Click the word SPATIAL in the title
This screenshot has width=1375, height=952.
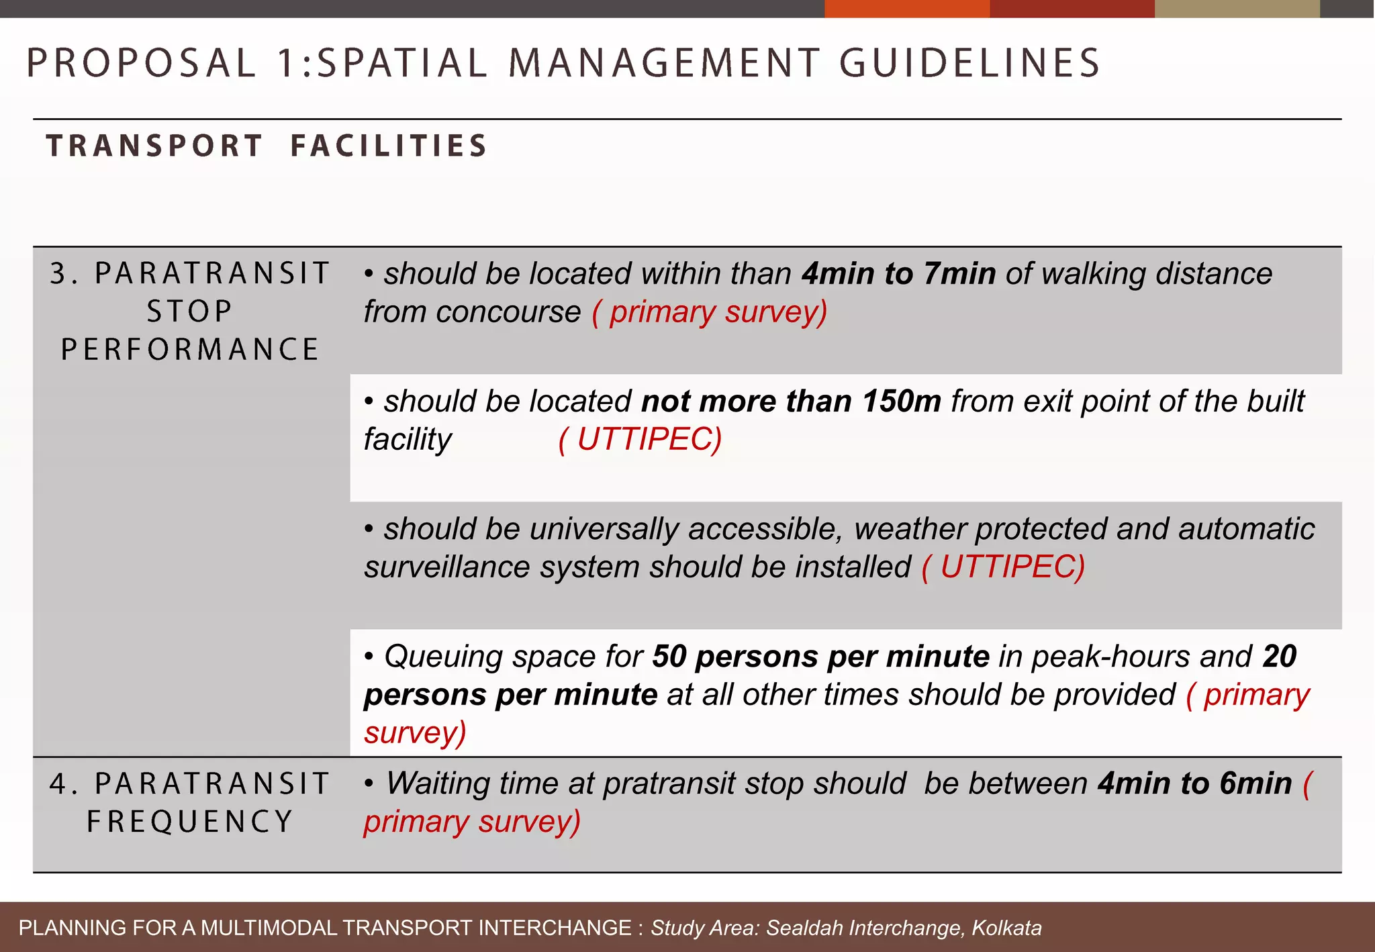point(401,63)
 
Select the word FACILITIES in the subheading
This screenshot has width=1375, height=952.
point(389,146)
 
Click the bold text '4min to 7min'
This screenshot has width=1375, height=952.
point(898,274)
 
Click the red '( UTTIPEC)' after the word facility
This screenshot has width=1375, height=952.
point(640,440)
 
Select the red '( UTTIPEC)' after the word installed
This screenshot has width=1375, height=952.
point(1003,567)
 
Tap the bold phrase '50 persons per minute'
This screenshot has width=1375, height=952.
point(820,657)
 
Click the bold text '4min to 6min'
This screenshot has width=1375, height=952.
point(1194,784)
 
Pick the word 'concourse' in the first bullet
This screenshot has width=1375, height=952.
point(508,312)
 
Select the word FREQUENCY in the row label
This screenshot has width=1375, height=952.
point(190,822)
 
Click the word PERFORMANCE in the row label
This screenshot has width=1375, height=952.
point(190,350)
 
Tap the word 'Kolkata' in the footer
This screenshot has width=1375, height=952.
point(1006,928)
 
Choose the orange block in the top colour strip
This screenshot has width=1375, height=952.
point(906,9)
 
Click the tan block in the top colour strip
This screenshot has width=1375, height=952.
point(1237,9)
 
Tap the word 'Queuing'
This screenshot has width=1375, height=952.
point(442,657)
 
